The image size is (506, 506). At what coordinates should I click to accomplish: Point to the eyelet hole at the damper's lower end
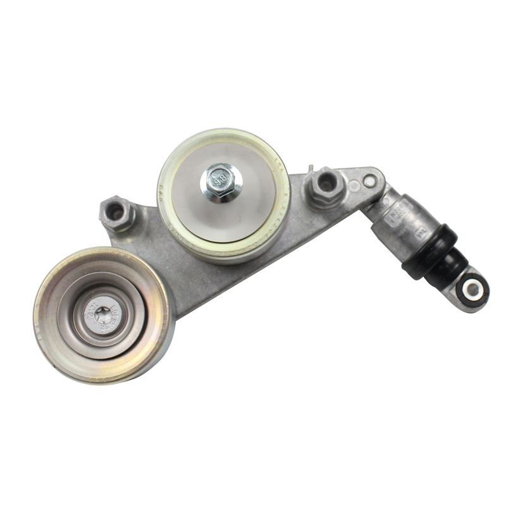(x=471, y=289)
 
